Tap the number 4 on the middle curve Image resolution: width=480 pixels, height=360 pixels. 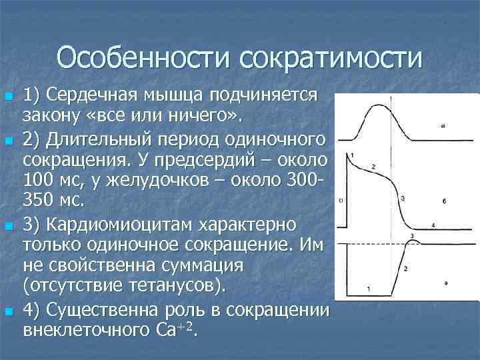pyautogui.click(x=433, y=225)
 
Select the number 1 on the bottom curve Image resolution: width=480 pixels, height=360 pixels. pyautogui.click(x=369, y=289)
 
